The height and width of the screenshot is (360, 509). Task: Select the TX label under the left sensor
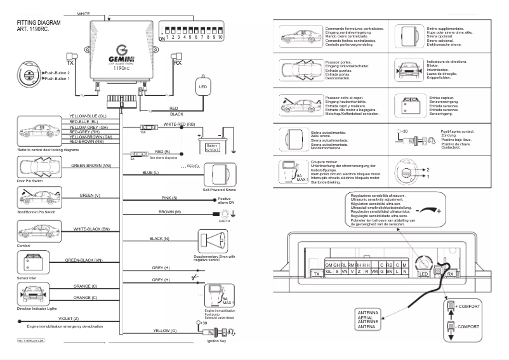click(x=70, y=63)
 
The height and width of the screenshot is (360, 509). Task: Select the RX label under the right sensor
click(x=177, y=63)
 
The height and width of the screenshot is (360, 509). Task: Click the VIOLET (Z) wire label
click(x=68, y=318)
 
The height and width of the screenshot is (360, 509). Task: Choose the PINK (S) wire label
click(x=168, y=199)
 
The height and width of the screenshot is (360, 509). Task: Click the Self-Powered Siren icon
click(x=217, y=174)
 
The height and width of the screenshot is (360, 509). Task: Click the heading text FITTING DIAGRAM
click(x=39, y=23)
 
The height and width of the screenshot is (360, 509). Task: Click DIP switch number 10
click(x=222, y=37)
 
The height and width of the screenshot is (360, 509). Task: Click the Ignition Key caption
click(x=218, y=342)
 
